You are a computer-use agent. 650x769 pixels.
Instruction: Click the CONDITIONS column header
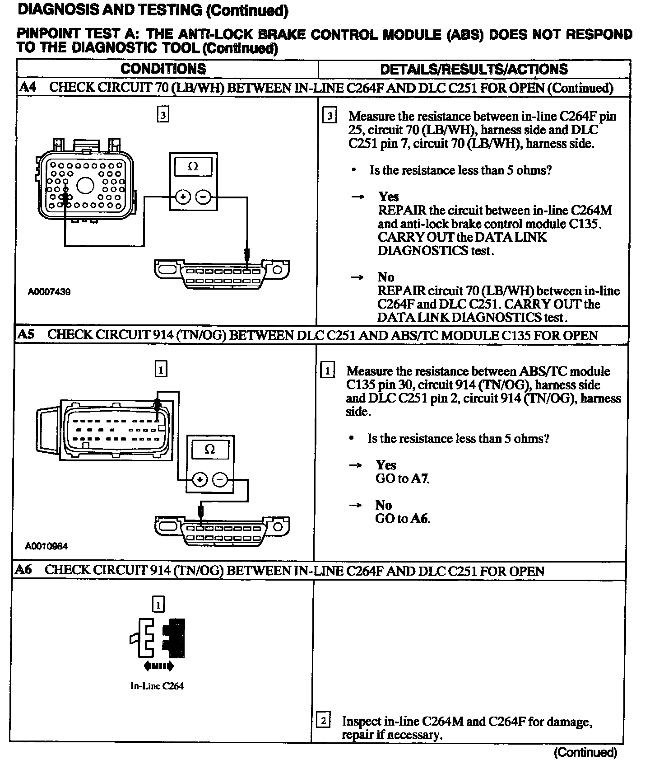coord(163,69)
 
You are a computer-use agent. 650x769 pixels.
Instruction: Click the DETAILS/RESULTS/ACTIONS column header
coord(474,69)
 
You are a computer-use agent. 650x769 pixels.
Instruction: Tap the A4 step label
coord(28,87)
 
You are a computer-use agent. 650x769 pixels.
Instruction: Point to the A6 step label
coord(23,570)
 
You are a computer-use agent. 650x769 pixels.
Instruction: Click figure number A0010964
coord(46,546)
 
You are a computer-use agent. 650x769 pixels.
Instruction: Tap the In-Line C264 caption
coord(157,686)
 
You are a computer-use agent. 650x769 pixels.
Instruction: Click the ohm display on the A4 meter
coord(193,166)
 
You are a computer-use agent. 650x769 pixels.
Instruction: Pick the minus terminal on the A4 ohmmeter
coord(203,197)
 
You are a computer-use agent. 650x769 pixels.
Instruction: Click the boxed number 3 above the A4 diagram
coord(162,115)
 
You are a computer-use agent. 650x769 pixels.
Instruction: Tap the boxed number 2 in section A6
coord(323,721)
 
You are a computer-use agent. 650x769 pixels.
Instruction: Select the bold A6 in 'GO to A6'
coord(420,518)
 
